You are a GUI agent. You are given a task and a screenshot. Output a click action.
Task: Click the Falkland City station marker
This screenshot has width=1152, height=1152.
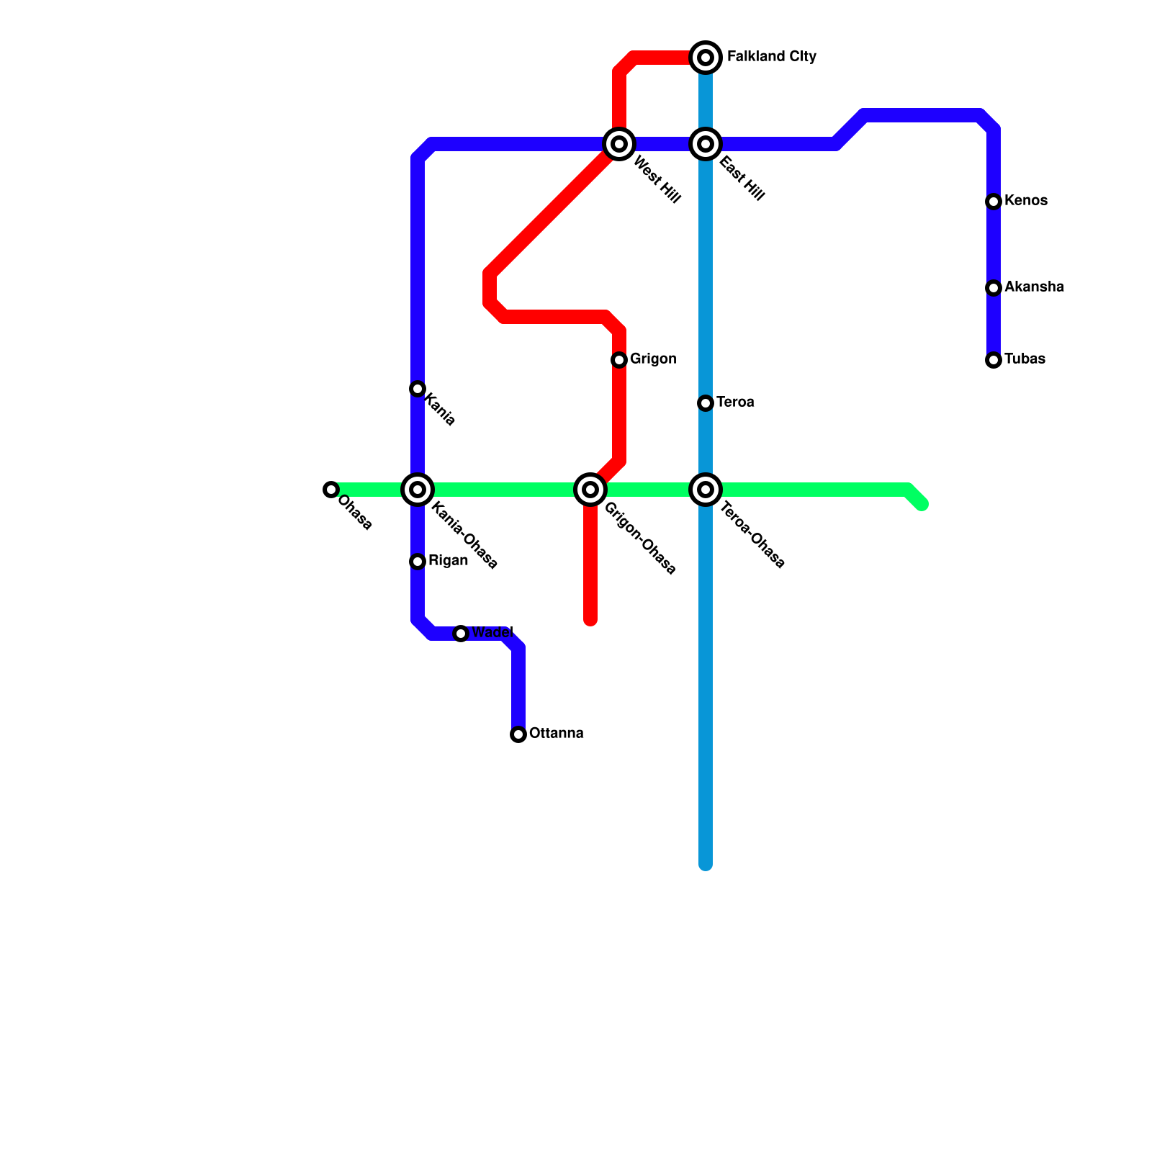706,57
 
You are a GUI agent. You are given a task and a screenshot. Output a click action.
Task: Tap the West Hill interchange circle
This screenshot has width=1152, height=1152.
619,144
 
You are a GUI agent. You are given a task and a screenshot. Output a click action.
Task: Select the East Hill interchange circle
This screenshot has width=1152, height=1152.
706,144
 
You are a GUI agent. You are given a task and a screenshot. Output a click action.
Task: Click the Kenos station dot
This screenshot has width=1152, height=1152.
994,202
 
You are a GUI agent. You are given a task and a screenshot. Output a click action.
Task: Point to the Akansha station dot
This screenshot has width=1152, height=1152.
994,288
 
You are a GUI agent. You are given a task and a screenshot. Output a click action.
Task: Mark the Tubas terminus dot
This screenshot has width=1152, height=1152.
994,360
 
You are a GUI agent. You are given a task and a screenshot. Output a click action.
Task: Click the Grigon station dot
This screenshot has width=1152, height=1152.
619,360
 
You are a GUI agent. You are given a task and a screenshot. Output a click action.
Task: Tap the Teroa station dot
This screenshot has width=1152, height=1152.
706,403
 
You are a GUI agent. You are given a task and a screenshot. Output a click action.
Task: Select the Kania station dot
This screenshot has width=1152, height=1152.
418,389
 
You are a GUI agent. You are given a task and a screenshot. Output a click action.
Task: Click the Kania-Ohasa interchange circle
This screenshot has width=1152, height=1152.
418,490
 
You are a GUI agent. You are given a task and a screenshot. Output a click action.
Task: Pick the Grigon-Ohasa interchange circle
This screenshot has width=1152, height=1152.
590,490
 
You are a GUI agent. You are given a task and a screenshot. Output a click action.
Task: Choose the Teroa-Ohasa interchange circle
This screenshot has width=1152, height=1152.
706,490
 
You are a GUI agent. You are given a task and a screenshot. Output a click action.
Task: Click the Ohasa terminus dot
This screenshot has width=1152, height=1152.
331,490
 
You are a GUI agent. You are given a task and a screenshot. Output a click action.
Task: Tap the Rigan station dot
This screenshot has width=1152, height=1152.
418,562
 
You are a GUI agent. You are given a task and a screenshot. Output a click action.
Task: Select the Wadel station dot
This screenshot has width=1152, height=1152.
461,634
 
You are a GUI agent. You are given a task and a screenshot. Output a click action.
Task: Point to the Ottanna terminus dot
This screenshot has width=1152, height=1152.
518,734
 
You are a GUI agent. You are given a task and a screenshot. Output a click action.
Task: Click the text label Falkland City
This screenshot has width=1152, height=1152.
771,57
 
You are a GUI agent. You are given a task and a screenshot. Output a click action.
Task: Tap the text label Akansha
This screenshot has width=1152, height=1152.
1034,287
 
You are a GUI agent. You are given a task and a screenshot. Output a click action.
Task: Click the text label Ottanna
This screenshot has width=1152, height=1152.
556,734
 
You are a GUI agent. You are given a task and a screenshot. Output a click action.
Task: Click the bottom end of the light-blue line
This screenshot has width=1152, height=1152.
706,864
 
